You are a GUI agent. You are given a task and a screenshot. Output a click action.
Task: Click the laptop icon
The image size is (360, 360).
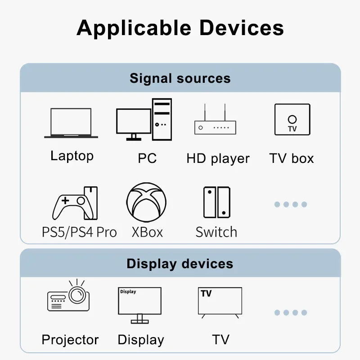pos(71,123)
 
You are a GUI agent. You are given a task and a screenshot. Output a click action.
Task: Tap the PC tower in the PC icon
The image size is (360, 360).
pos(162,119)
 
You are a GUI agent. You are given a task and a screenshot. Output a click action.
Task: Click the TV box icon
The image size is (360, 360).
pos(292,119)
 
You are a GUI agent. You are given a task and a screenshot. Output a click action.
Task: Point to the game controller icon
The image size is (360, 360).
pos(72,207)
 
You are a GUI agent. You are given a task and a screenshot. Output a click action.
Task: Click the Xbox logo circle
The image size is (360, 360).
pos(146,202)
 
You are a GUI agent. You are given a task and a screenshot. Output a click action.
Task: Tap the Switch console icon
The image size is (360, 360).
pos(217,202)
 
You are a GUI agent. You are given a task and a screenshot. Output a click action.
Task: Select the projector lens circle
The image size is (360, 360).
pos(77,295)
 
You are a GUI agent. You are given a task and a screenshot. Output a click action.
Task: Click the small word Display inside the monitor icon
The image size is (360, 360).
pos(128,292)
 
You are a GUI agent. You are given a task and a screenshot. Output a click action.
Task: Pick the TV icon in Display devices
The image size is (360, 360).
pos(220,302)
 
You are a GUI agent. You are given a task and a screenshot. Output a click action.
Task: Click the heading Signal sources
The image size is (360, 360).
pos(180,78)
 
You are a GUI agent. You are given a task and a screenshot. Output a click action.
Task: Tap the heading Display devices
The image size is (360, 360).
pos(180,264)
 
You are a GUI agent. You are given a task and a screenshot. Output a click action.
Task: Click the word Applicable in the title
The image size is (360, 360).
pos(134,28)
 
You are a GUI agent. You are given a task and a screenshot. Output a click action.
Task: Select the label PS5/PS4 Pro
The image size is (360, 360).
pos(79,232)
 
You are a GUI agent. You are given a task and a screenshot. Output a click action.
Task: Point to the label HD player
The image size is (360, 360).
pos(218,158)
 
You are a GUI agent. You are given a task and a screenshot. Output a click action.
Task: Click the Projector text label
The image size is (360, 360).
pos(70,340)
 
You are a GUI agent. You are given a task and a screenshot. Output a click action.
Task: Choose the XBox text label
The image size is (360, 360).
pos(147,232)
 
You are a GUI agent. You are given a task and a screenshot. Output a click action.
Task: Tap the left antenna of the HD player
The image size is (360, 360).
pos(205,112)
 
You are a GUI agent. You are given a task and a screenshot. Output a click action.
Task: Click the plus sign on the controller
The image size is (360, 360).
pos(65,200)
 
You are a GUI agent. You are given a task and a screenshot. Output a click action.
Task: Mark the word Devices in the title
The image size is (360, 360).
pos(242,28)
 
